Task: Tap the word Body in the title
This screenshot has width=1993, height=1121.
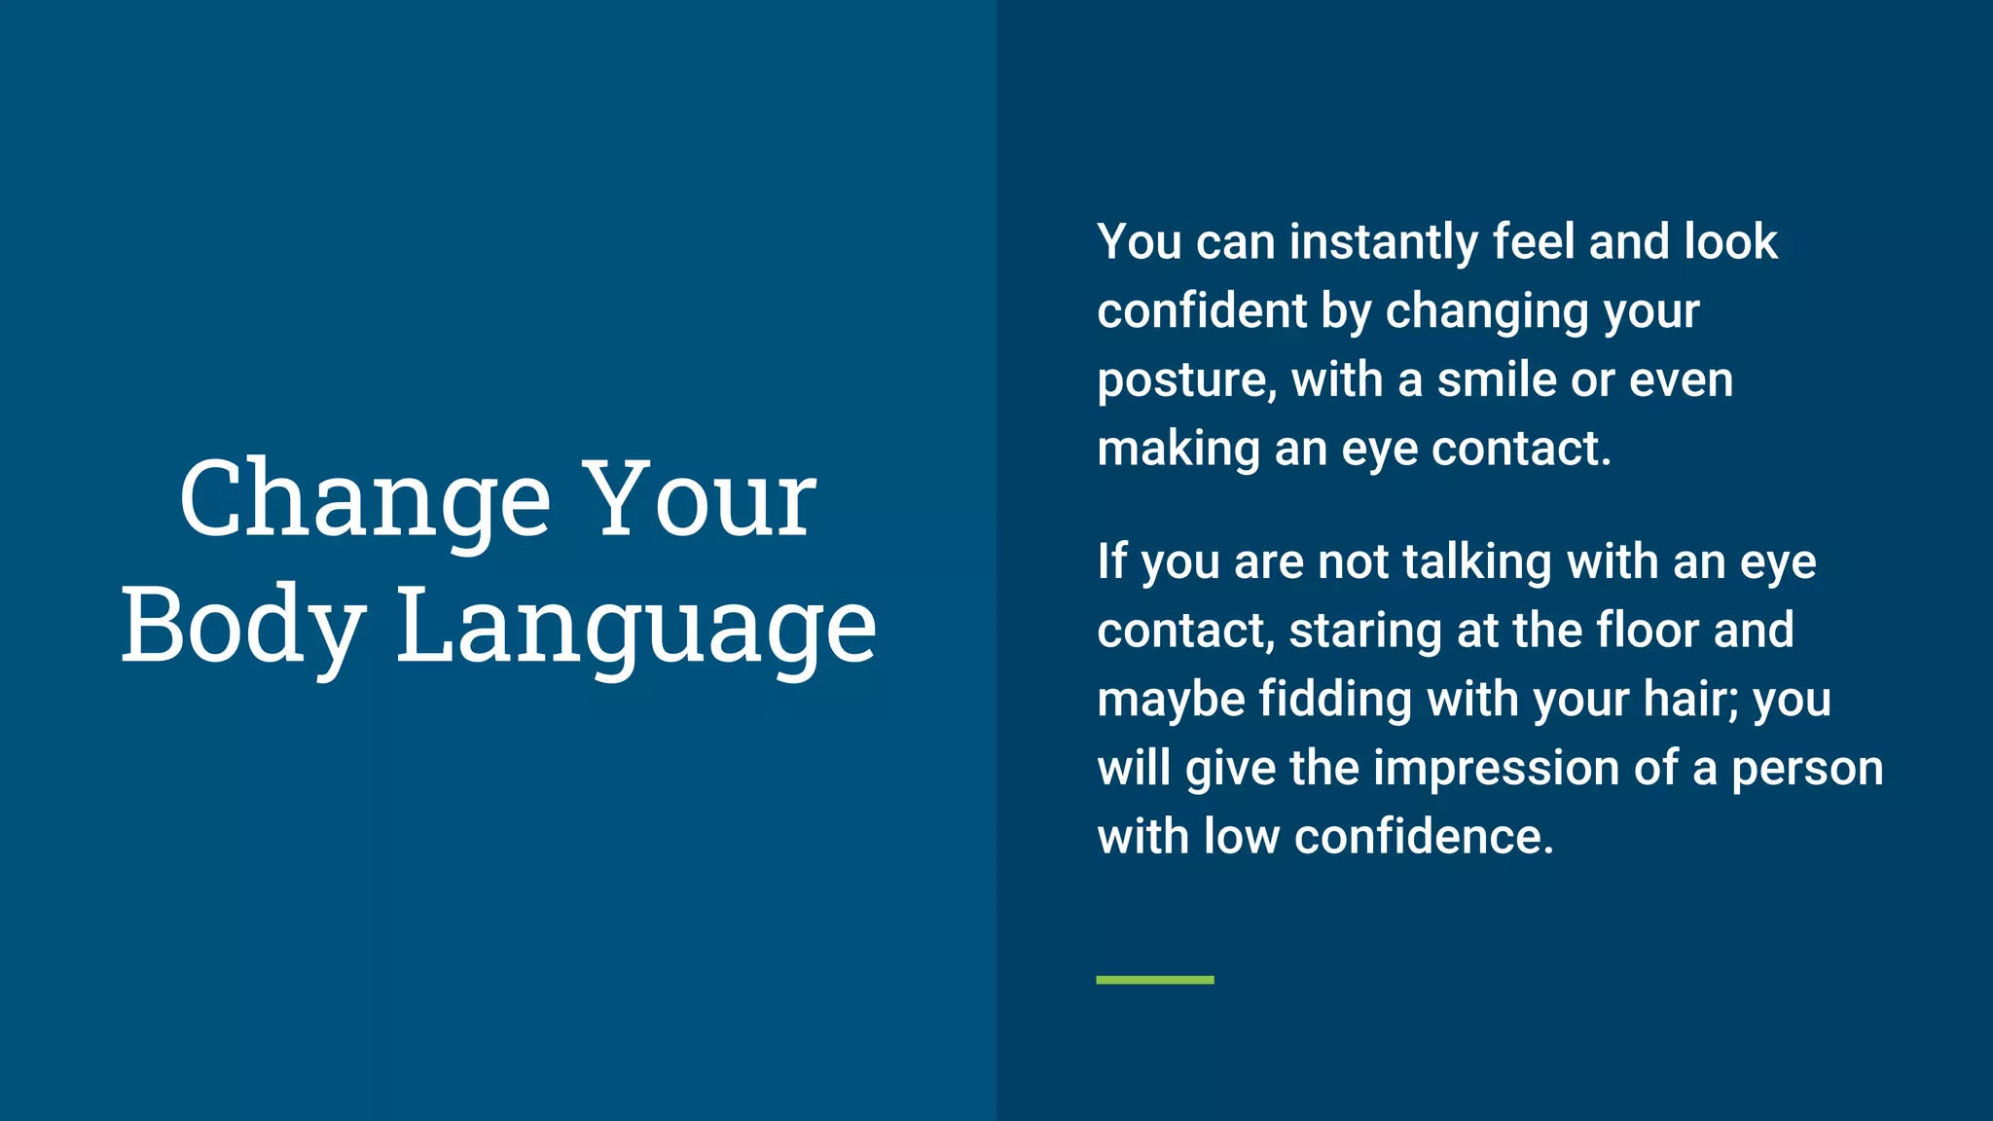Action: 242,625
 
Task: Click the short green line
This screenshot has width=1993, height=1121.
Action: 1154,980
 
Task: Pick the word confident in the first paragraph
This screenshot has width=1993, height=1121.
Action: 1201,311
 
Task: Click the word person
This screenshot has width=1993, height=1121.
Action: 1807,769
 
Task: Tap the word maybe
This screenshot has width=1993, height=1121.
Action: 1171,701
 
